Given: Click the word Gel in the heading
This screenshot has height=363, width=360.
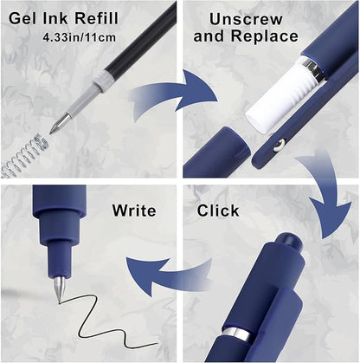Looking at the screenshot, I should pyautogui.click(x=23, y=19).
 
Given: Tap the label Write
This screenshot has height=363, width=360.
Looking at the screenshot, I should pyautogui.click(x=134, y=211).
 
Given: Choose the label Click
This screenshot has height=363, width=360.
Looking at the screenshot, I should pyautogui.click(x=218, y=211).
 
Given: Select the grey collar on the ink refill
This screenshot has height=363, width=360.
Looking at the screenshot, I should pyautogui.click(x=103, y=81).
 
